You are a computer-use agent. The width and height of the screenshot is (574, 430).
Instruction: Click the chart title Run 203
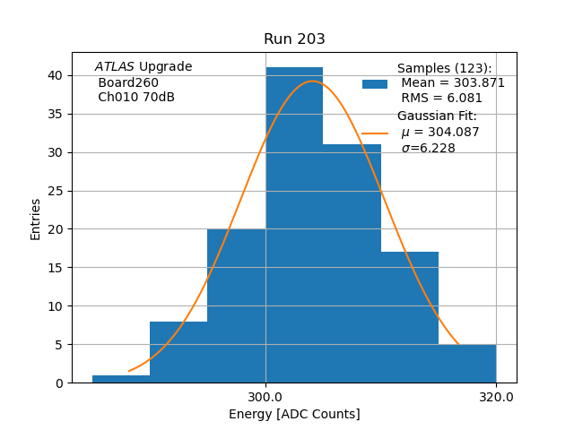(294, 39)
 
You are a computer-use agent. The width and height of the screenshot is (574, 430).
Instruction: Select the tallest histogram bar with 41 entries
(294, 224)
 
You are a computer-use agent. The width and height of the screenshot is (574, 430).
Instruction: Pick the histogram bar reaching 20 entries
(237, 305)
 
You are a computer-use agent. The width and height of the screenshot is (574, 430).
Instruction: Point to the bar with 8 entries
(178, 352)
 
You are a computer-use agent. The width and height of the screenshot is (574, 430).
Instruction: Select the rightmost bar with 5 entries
(466, 364)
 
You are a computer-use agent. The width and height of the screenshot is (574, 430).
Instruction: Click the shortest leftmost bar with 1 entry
(121, 379)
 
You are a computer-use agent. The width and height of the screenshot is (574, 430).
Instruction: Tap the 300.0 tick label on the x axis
(265, 397)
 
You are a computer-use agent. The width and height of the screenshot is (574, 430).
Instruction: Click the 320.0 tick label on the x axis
(496, 397)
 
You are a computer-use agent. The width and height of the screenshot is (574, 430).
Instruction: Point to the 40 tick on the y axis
(55, 76)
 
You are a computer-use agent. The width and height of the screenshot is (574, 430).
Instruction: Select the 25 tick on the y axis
(55, 191)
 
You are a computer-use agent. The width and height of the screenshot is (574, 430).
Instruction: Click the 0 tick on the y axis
(58, 383)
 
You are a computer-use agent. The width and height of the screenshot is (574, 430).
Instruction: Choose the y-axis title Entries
(36, 219)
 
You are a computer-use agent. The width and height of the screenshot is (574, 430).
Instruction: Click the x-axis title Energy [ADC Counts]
(294, 414)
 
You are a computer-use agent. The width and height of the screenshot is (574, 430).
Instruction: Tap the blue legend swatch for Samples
(375, 84)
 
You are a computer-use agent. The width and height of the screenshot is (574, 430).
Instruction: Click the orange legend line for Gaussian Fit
(375, 133)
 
